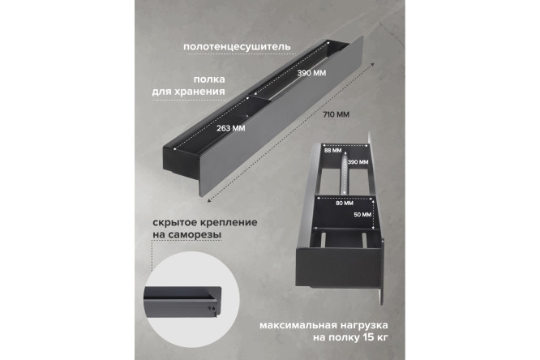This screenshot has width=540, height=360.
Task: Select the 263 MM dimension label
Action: [232, 127]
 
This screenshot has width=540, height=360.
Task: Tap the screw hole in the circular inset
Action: [212, 306]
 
